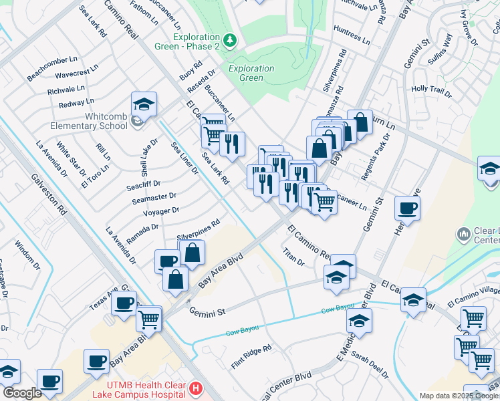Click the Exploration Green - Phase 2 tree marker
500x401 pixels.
[x=230, y=41]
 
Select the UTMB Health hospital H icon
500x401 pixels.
[x=195, y=388]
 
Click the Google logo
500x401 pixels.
[x=21, y=394]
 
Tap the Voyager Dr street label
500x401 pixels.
[x=161, y=211]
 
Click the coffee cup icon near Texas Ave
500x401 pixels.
[x=124, y=303]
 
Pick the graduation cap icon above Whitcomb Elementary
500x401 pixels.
[x=144, y=104]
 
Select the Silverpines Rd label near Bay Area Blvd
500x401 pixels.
[x=198, y=229]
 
